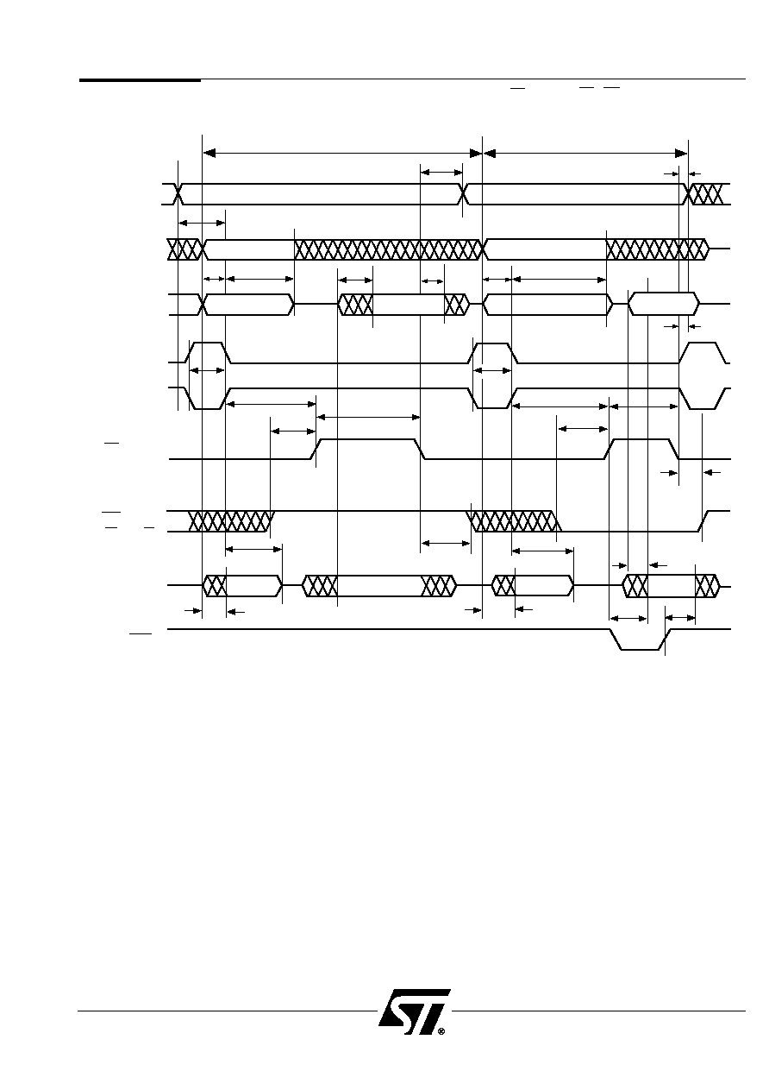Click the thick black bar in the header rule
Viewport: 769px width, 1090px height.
pos(140,79)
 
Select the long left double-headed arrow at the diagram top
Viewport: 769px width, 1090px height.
pos(342,154)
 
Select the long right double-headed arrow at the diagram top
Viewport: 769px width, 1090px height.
pos(585,154)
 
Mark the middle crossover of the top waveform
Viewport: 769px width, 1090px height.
pos(462,194)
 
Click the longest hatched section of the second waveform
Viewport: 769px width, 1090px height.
pos(388,249)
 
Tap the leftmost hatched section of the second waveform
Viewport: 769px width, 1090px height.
pos(184,249)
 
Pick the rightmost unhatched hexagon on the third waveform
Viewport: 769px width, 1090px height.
pos(664,304)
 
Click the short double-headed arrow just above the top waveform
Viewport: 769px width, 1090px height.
pos(441,173)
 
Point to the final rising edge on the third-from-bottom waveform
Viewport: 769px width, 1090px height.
pos(703,521)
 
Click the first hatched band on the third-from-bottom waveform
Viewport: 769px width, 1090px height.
pos(231,521)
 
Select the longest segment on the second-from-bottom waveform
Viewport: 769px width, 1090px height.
pos(379,585)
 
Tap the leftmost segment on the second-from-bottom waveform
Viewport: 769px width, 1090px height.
pos(242,585)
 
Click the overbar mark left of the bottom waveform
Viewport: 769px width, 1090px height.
pos(141,633)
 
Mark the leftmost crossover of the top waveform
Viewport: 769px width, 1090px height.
pos(178,194)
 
